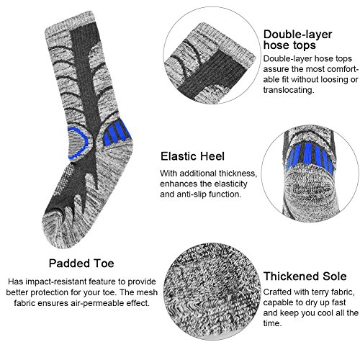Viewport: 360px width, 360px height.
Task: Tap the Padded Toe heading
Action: pyautogui.click(x=81, y=263)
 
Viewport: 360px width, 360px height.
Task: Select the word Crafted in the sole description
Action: pyautogui.click(x=279, y=292)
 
